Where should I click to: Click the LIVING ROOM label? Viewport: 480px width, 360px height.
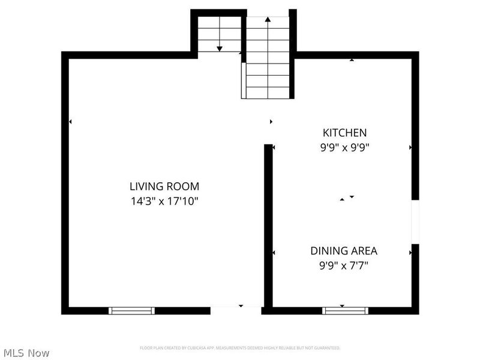[164, 187]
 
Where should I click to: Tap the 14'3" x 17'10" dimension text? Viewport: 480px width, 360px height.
[164, 201]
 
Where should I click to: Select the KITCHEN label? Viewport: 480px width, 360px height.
[344, 133]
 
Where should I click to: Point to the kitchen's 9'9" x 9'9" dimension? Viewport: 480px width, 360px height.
[344, 147]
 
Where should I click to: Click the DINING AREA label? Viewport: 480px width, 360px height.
[344, 251]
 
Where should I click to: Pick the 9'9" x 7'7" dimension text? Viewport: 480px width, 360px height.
[344, 265]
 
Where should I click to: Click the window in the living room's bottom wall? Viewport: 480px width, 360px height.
[131, 310]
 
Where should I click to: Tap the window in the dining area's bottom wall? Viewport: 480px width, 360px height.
[345, 310]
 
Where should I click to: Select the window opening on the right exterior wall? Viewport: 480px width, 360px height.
[415, 221]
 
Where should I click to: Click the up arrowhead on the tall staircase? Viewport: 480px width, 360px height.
[268, 20]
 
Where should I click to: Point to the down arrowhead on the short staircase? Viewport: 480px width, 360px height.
[220, 48]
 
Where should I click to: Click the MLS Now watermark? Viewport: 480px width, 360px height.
[26, 353]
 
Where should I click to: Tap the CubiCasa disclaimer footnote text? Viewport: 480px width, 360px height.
[240, 348]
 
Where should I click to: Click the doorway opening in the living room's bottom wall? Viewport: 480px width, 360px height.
[236, 310]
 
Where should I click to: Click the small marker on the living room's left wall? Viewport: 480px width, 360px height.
[70, 122]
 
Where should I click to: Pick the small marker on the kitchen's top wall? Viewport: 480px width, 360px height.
[352, 59]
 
